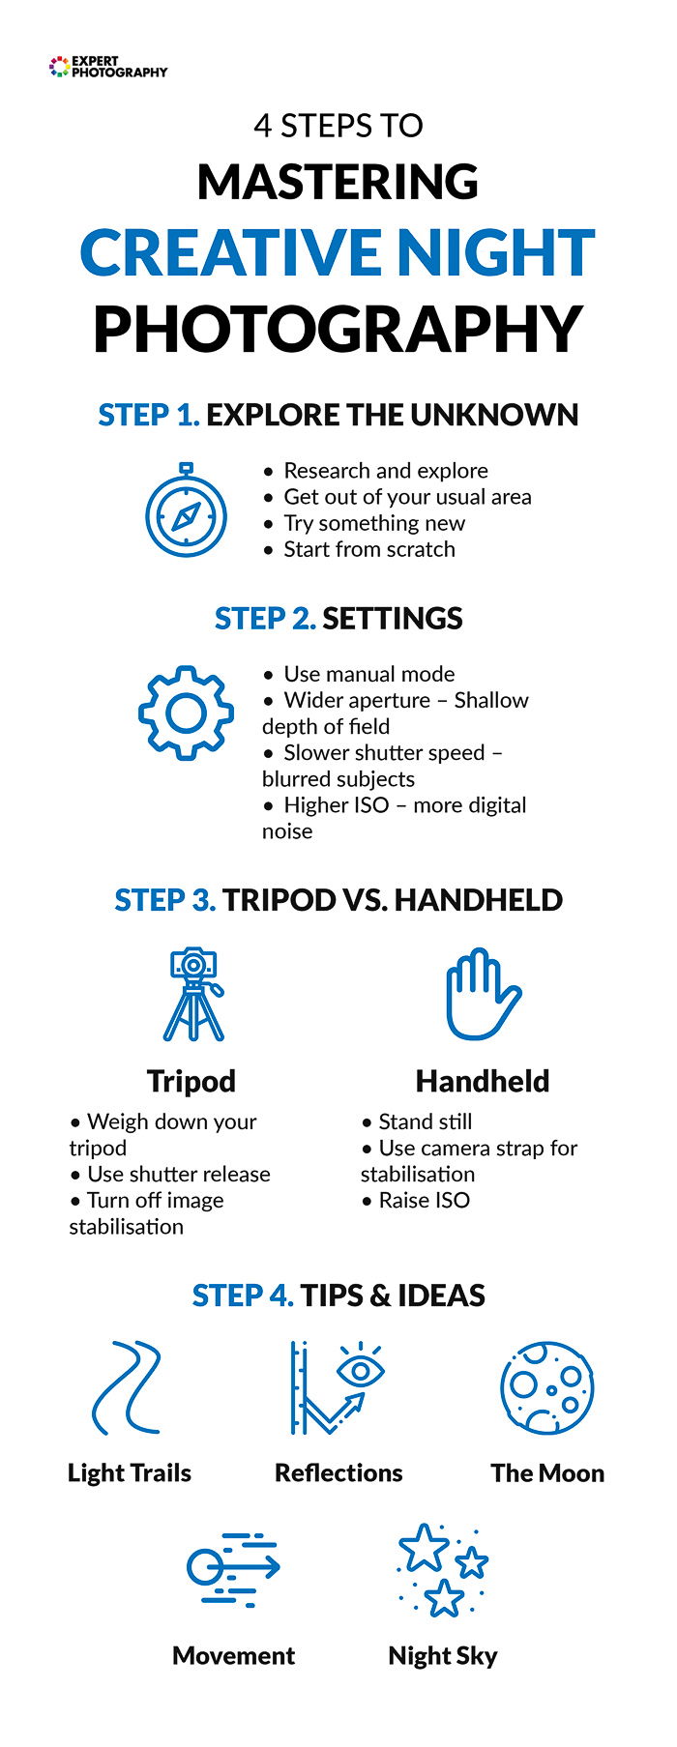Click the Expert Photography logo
coord(107,67)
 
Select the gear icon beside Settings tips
coord(186,713)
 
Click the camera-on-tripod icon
coord(193,994)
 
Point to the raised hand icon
coord(482,994)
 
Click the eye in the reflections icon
coord(360,1369)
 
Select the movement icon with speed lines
coord(233,1569)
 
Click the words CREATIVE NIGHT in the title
coord(338,253)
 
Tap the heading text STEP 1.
coord(149,415)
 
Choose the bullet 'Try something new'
coord(373,523)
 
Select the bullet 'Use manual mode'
coord(368,674)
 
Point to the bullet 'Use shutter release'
coord(178,1174)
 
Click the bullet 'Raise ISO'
coord(424,1200)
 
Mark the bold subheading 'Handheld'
coord(482,1081)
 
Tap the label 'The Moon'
coord(546,1472)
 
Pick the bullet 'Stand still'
coord(425,1121)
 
